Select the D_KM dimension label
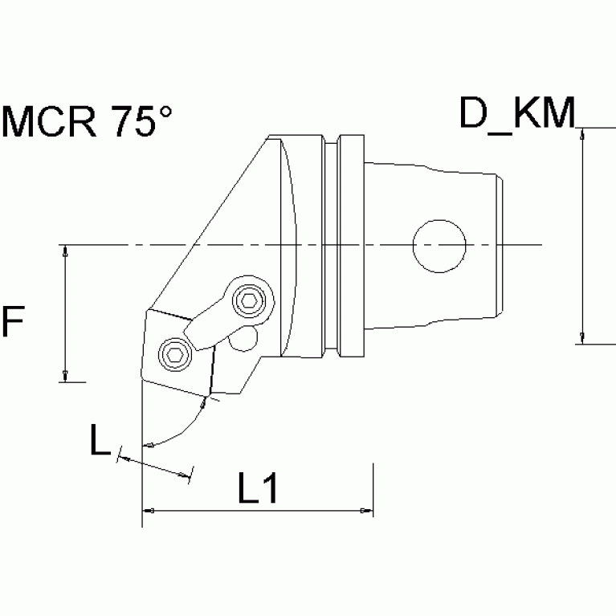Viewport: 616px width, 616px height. (517, 114)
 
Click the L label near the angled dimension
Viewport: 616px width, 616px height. (99, 440)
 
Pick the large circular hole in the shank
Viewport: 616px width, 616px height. (439, 245)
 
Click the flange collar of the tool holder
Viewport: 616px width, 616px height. (352, 245)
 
